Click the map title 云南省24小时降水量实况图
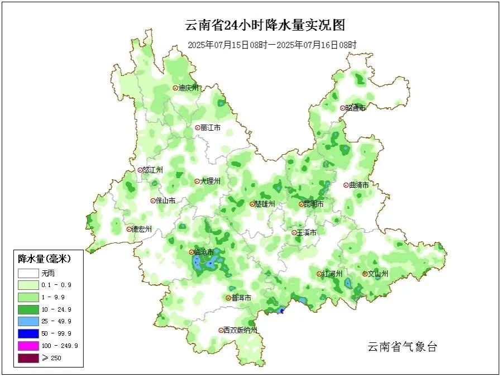[x=266, y=25]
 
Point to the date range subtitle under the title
[x=272, y=45]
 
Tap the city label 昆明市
[x=313, y=204]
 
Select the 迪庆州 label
[x=188, y=88]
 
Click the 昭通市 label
[x=355, y=108]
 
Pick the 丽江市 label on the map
[x=211, y=128]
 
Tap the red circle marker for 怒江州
[x=140, y=170]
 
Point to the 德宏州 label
[x=142, y=229]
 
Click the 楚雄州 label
[x=265, y=204]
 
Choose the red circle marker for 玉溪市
[x=294, y=232]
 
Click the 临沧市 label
[x=204, y=252]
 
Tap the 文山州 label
[x=378, y=274]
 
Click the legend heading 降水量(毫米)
[x=45, y=259]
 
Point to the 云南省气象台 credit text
[x=402, y=347]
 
